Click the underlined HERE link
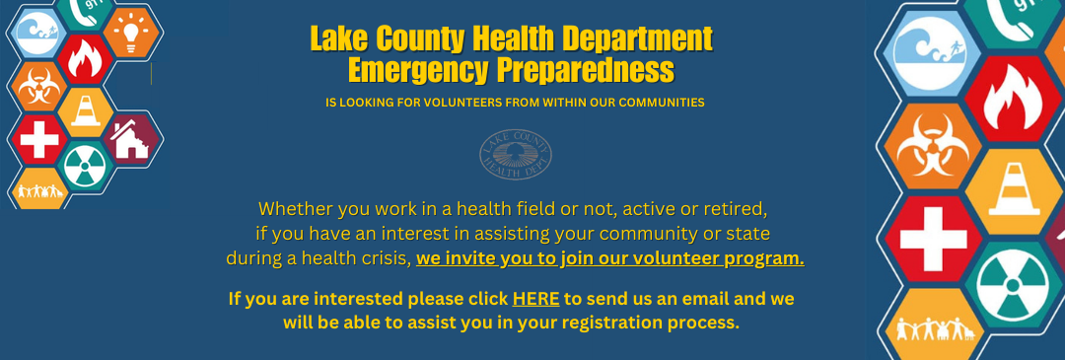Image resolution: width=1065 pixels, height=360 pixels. pos(535,299)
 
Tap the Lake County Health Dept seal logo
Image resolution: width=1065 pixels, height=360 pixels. pos(516,155)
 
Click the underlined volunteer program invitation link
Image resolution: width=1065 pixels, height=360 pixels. pos(610,259)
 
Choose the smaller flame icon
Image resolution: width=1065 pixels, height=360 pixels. pos(85,59)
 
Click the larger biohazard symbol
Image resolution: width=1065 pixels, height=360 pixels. pos(933,145)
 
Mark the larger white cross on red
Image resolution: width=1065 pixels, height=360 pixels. pos(933,239)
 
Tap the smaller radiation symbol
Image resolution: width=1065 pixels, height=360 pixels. pos(86,167)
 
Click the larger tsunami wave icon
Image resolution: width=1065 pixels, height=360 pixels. pos(933,51)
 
